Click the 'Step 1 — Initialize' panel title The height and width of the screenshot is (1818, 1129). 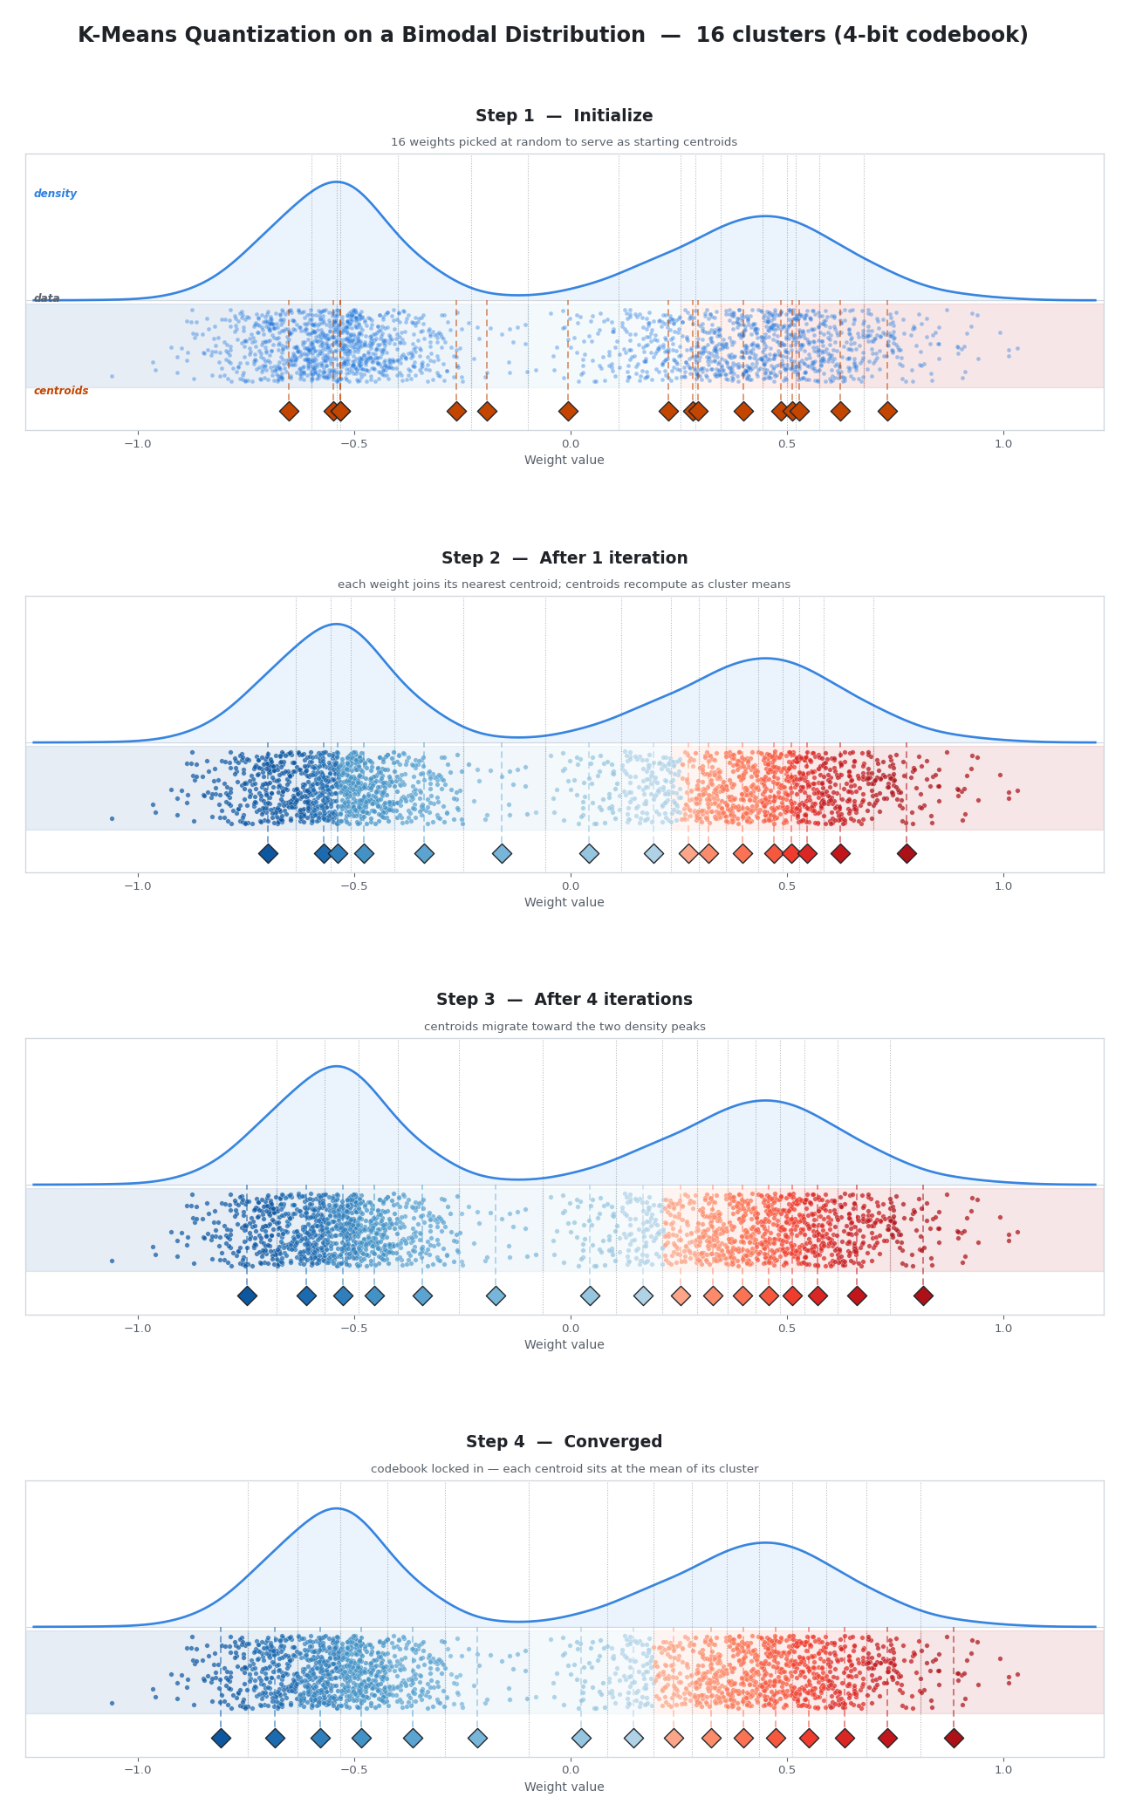(x=564, y=116)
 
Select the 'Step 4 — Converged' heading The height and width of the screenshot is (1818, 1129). (x=564, y=1442)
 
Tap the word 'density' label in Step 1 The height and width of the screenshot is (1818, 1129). (x=55, y=194)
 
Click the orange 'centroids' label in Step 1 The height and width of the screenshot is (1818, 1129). (x=61, y=391)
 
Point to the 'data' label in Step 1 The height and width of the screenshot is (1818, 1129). (x=46, y=298)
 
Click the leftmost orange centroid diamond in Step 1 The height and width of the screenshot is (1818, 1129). (x=289, y=411)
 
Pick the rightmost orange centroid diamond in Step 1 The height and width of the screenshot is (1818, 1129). (x=887, y=411)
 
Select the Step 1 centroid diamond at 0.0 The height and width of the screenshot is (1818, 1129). (x=568, y=411)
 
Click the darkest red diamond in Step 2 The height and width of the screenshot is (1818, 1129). (x=907, y=853)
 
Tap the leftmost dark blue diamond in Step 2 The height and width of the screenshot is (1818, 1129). (x=268, y=853)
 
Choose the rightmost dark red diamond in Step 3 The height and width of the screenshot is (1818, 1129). (x=923, y=1295)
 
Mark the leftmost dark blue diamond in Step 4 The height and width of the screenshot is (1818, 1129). (x=221, y=1738)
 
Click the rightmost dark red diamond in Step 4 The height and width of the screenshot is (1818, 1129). (x=954, y=1738)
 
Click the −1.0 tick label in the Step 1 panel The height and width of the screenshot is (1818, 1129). (x=137, y=443)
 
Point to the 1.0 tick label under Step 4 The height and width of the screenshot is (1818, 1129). (x=1003, y=1770)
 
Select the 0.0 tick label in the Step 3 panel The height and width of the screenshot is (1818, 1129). (x=571, y=1328)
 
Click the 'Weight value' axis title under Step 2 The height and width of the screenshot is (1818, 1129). (x=564, y=902)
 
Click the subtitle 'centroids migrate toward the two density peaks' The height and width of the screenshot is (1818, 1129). (x=564, y=1027)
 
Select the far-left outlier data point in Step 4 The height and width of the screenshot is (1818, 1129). (x=112, y=1702)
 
